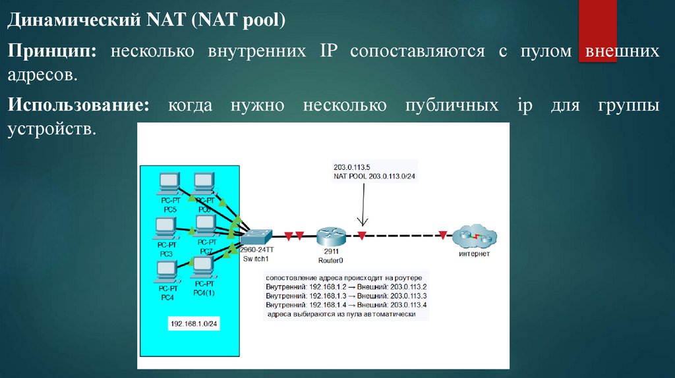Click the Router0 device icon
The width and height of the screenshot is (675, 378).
click(x=329, y=236)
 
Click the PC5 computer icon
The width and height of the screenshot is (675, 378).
click(x=169, y=183)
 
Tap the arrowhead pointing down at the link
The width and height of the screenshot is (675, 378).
click(x=361, y=222)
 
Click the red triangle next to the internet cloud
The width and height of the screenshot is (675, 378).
click(x=443, y=234)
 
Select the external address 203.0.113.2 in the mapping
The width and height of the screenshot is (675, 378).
click(x=408, y=287)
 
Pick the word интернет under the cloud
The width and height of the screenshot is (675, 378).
click(x=474, y=254)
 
